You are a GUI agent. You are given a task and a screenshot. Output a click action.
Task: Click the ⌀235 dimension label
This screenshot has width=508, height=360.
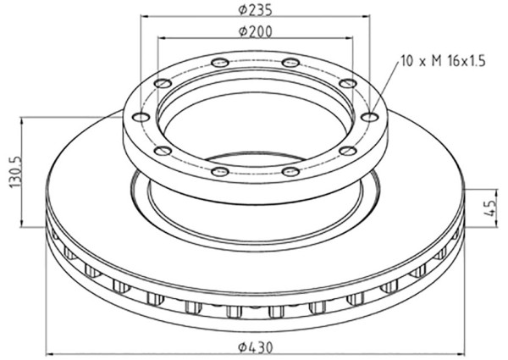pyautogui.click(x=255, y=9)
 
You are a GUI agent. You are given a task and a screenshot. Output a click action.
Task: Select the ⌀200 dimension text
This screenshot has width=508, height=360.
pyautogui.click(x=255, y=31)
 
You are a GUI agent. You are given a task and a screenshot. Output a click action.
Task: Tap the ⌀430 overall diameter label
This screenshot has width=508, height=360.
pyautogui.click(x=256, y=347)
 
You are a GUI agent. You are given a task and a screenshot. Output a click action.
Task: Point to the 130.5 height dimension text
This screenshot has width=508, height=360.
pyautogui.click(x=16, y=172)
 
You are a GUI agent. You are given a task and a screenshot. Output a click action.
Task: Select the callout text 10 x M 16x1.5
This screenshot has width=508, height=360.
pyautogui.click(x=444, y=61)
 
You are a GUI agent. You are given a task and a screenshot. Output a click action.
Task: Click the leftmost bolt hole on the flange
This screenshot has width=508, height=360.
pyautogui.click(x=141, y=117)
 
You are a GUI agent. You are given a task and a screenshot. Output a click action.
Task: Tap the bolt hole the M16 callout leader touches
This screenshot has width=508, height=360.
pyautogui.click(x=369, y=117)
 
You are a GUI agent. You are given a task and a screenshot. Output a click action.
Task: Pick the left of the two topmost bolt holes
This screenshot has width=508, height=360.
pyautogui.click(x=219, y=62)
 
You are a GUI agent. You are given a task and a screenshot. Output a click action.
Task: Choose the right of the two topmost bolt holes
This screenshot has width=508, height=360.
pyautogui.click(x=290, y=62)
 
